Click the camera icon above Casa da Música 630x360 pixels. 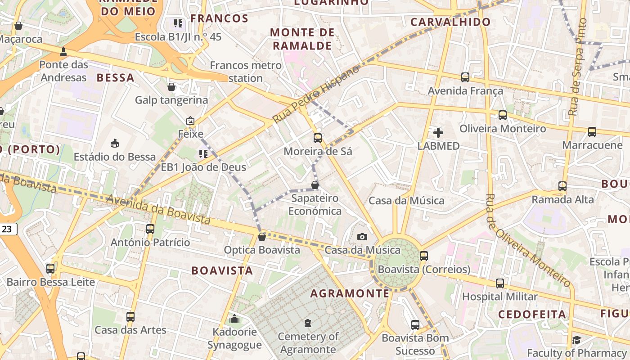362,237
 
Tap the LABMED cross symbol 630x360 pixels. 438,132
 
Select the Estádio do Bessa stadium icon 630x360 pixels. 115,143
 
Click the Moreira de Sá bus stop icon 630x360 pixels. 318,138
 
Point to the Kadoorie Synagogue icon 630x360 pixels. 234,319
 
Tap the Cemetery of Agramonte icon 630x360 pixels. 308,323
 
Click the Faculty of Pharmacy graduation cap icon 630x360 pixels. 576,340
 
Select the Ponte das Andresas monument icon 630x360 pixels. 63,51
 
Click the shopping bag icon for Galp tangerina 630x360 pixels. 171,86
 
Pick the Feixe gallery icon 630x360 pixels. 190,121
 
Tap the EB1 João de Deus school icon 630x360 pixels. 203,153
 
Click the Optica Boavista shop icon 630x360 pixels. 261,236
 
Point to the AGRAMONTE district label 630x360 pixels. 350,293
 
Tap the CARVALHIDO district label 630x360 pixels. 450,22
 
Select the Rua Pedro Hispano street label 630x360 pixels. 316,94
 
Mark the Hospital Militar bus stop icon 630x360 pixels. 500,283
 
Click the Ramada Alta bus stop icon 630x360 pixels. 562,186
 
